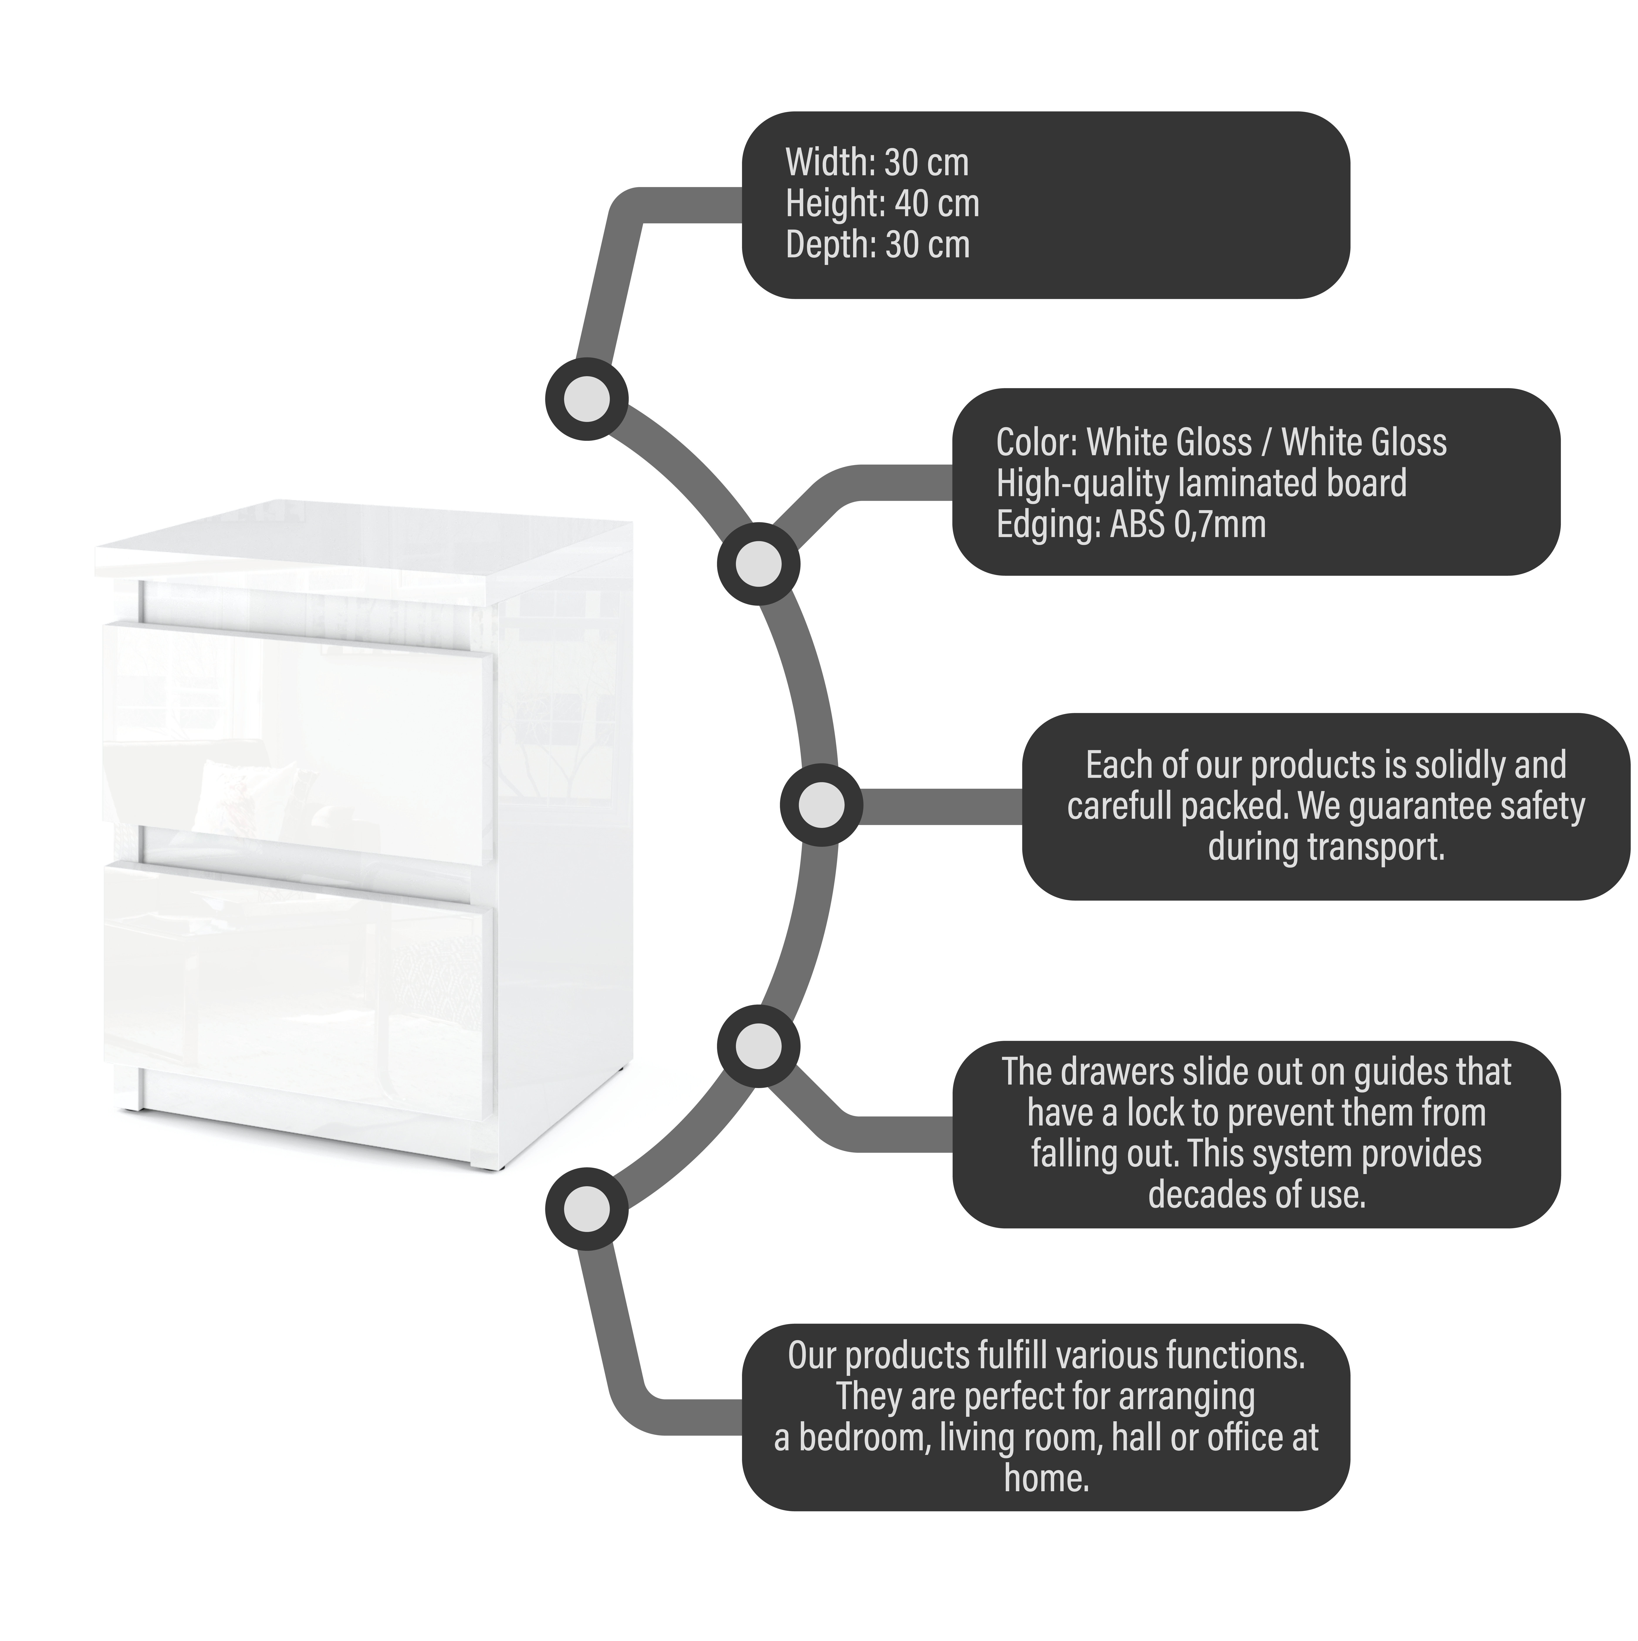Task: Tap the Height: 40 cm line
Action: coord(882,204)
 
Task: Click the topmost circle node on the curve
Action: coord(586,398)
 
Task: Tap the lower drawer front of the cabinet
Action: coord(297,989)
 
